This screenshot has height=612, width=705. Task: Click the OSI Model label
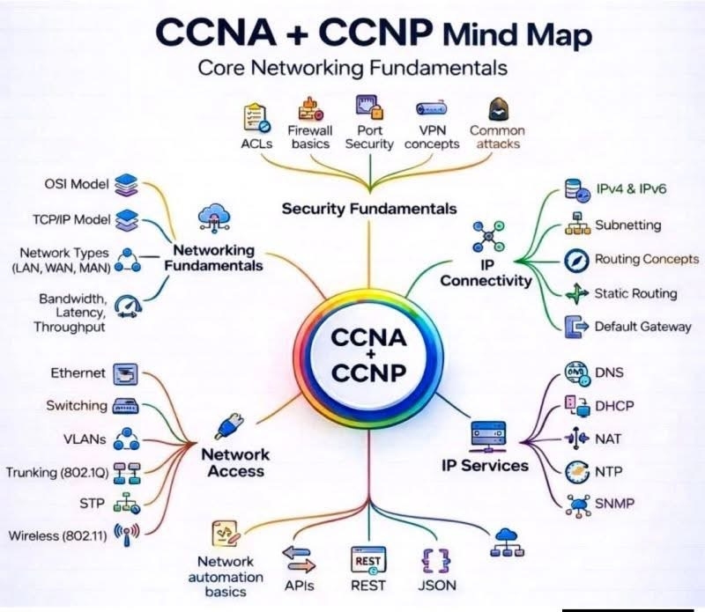[x=77, y=184]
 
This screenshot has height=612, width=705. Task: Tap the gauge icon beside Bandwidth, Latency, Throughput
[x=128, y=307]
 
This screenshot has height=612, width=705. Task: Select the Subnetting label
[x=628, y=225]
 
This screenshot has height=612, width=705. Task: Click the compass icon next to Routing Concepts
[x=576, y=260]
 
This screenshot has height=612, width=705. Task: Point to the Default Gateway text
[x=643, y=327]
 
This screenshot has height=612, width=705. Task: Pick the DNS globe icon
[x=577, y=373]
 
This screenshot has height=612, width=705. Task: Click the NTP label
[x=609, y=472]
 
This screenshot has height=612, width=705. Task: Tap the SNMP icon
[x=578, y=505]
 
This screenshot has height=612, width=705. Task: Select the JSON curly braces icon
[x=435, y=560]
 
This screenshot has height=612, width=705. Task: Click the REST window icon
[x=368, y=560]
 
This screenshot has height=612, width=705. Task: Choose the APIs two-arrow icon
[x=299, y=559]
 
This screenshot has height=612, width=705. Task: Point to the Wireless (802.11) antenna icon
[x=127, y=535]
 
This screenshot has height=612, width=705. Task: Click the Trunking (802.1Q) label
[x=57, y=473]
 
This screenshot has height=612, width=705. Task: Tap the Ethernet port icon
[x=125, y=374]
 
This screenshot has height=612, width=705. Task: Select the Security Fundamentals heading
[x=369, y=209]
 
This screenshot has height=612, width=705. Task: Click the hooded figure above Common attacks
[x=498, y=109]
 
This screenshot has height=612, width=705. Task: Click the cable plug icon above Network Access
[x=230, y=426]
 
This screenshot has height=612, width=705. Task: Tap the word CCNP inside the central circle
[x=368, y=372]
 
